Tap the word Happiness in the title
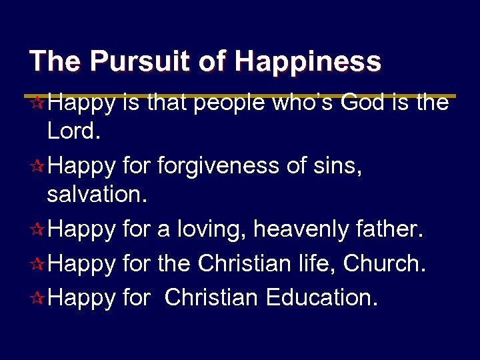(308, 61)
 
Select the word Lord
(74, 133)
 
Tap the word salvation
(96, 197)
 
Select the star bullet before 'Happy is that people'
(38, 103)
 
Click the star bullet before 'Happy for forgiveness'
(38, 165)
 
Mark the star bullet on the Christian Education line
(38, 298)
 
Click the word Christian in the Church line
(245, 264)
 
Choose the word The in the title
(56, 61)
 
